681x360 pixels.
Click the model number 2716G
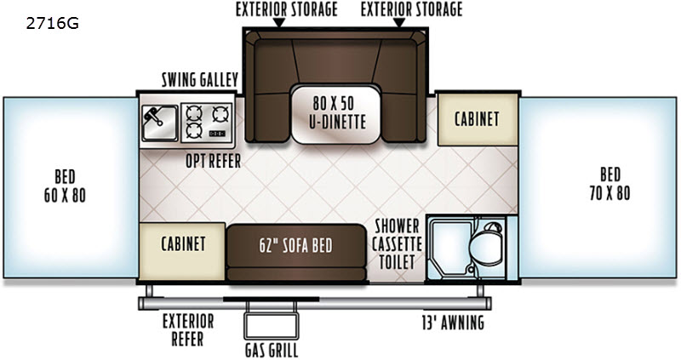53,23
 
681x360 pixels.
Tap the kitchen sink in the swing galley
160,123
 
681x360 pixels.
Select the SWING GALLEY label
200,80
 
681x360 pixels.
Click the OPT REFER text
214,161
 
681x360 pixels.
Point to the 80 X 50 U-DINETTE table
335,115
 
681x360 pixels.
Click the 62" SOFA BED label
295,246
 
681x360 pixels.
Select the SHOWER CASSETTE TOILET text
397,243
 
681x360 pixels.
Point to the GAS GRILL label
272,350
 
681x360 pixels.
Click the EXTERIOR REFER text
188,330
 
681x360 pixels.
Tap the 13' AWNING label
453,323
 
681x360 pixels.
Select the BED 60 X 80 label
65,186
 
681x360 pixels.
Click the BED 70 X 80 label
609,184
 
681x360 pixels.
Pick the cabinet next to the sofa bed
182,251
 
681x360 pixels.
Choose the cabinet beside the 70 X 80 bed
478,119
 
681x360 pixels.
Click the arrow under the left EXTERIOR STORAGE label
278,23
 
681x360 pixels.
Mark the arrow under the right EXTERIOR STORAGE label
398,23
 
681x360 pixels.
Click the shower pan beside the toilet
449,248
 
